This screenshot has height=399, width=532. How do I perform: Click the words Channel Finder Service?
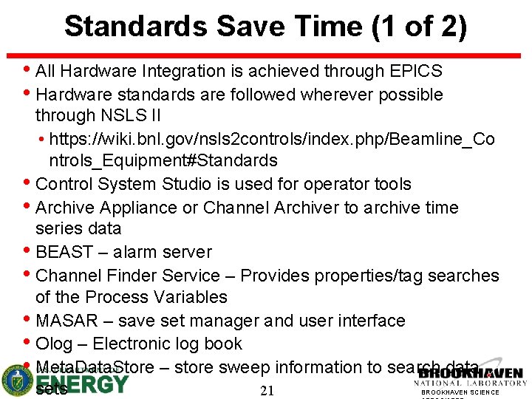[x=128, y=276]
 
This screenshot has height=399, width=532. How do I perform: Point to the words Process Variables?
[x=156, y=297]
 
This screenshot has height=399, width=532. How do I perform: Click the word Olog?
[x=54, y=344]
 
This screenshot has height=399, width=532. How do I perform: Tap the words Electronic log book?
[x=168, y=344]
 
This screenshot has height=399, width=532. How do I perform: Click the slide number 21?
[x=267, y=391]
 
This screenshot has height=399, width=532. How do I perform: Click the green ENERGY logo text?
[x=81, y=384]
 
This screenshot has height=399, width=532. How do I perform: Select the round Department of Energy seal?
[x=16, y=381]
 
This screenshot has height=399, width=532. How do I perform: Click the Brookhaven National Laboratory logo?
[x=471, y=378]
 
